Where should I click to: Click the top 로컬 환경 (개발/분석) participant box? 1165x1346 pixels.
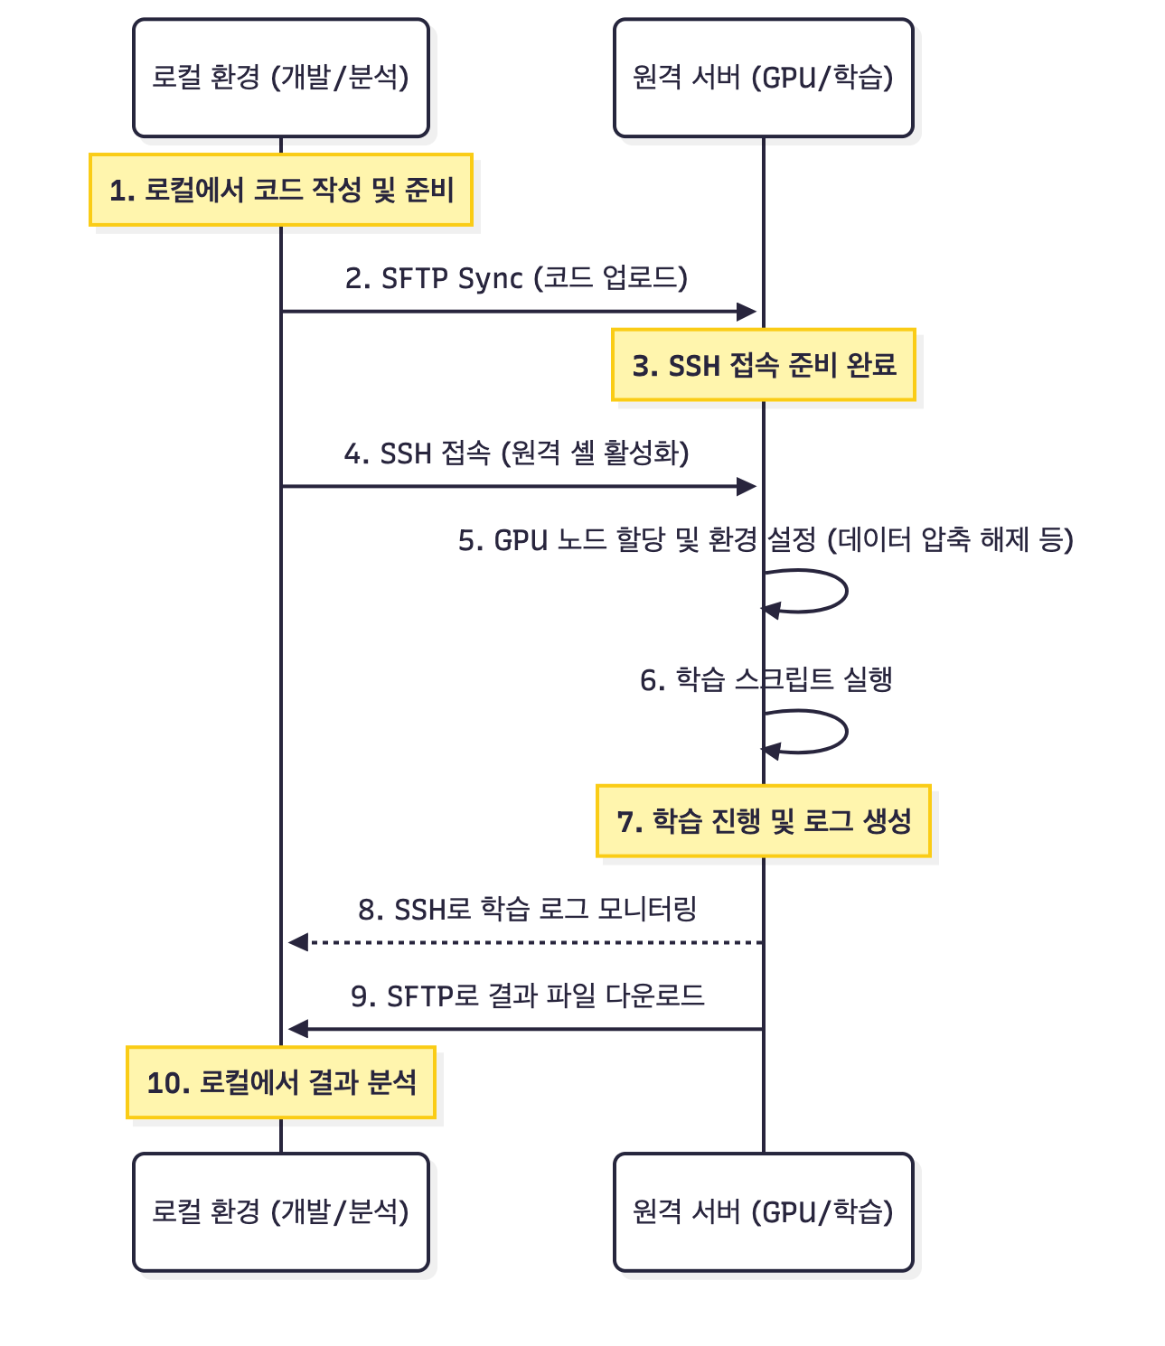point(280,78)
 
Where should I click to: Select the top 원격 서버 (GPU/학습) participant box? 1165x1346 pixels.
point(763,78)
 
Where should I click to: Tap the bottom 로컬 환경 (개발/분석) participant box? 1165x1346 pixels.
point(280,1211)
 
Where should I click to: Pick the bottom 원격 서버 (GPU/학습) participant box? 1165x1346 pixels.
point(763,1211)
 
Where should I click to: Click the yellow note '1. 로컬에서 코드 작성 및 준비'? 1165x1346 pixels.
point(280,190)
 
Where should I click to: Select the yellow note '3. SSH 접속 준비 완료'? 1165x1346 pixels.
point(763,365)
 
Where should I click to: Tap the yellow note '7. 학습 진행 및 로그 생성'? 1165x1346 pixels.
point(763,820)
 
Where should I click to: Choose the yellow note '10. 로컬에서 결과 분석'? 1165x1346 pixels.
point(280,1082)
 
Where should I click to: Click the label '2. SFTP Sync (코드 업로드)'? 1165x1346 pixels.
point(516,278)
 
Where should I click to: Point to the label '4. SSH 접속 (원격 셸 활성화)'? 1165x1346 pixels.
point(516,453)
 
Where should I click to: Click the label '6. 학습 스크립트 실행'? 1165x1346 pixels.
point(766,679)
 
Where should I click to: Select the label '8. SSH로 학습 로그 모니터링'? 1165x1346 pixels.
point(527,909)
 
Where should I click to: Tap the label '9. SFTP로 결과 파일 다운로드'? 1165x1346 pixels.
point(527,995)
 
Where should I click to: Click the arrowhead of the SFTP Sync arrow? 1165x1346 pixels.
point(747,312)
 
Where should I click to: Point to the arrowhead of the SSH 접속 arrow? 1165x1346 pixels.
point(747,487)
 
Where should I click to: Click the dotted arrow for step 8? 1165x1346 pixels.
point(524,942)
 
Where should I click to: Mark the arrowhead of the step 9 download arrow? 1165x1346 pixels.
point(297,1029)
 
